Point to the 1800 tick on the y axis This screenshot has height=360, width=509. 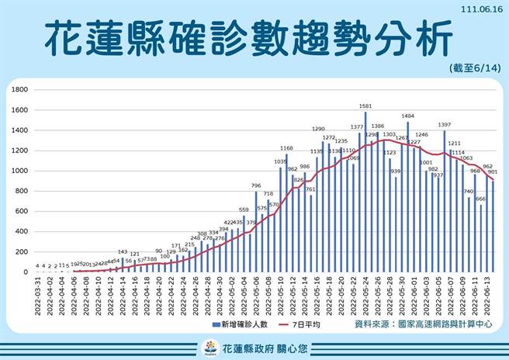click(x=19, y=90)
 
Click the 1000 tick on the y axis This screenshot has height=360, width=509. click(x=19, y=171)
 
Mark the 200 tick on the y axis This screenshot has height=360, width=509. click(x=22, y=251)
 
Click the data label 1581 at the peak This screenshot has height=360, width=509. click(x=365, y=106)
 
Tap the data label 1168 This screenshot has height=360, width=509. click(x=286, y=148)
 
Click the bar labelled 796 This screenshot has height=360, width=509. click(x=256, y=233)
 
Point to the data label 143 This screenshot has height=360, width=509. click(x=123, y=251)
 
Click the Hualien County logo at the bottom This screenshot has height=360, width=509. click(x=209, y=347)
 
